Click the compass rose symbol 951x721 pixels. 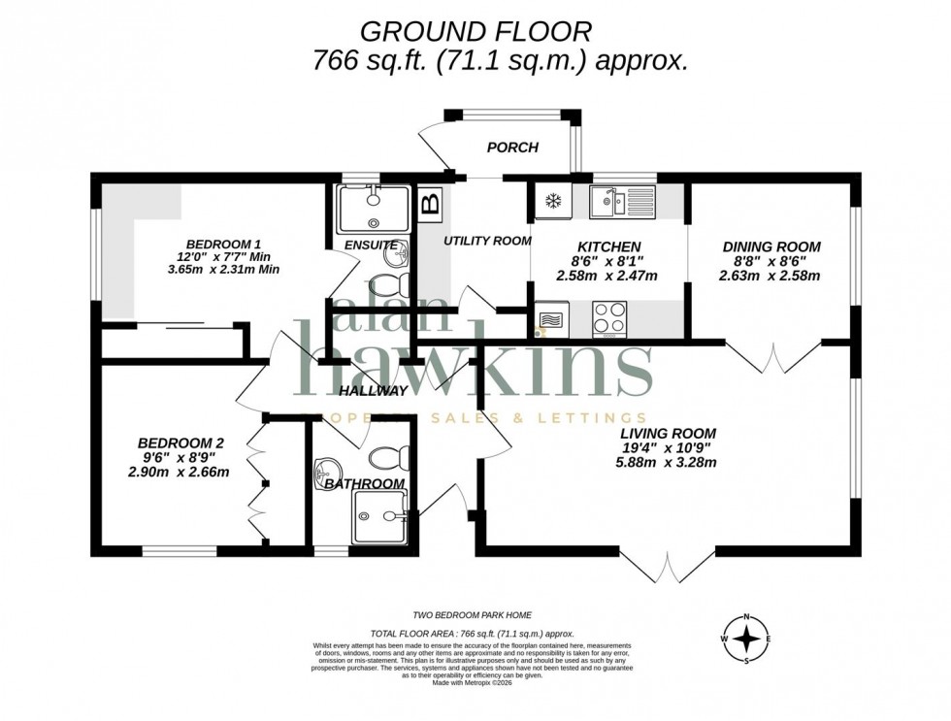(746, 639)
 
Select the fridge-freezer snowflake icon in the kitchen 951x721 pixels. (553, 201)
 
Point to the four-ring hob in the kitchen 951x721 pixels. (609, 319)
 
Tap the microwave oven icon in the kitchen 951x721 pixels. (550, 319)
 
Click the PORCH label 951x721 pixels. (512, 147)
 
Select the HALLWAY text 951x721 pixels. (374, 391)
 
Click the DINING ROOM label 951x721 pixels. (771, 246)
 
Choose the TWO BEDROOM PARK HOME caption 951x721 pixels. (473, 615)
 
